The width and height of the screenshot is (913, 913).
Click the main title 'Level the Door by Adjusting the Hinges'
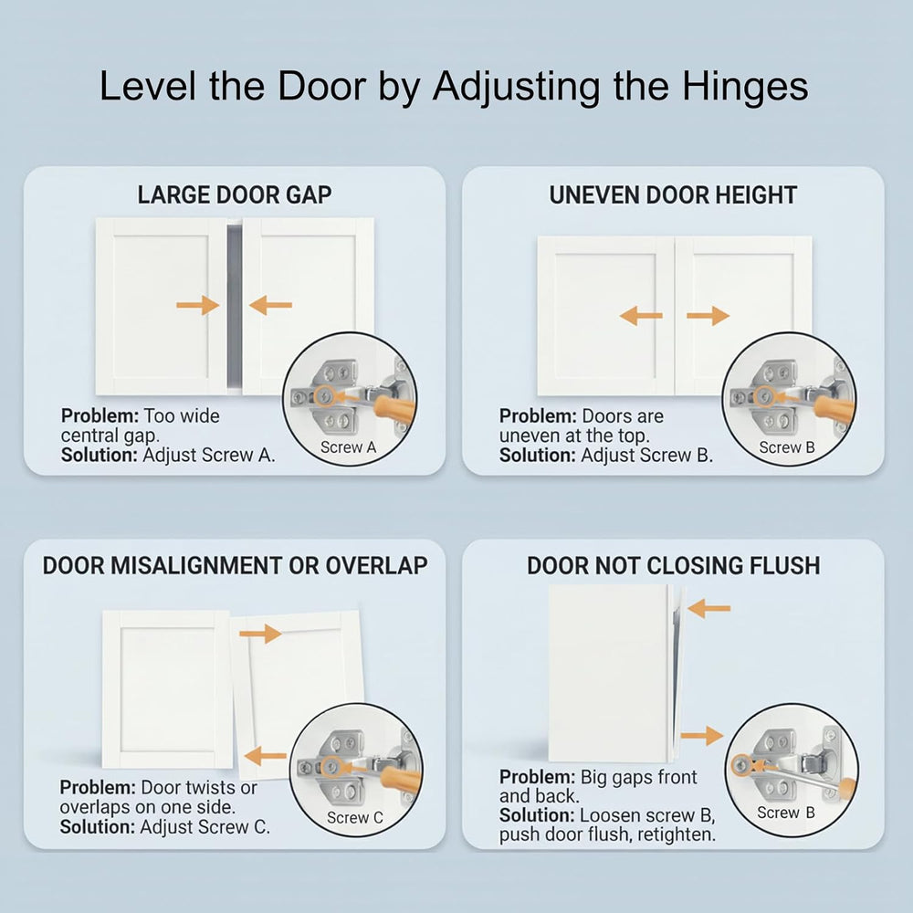pyautogui.click(x=454, y=87)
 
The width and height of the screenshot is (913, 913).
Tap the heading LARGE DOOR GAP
pyautogui.click(x=235, y=195)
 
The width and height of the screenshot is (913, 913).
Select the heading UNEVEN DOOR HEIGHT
pyautogui.click(x=673, y=195)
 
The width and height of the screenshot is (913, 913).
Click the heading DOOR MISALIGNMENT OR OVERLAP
pyautogui.click(x=236, y=565)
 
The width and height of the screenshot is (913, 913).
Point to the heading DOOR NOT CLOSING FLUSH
pyautogui.click(x=674, y=565)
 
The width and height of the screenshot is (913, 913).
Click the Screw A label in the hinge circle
pyautogui.click(x=348, y=447)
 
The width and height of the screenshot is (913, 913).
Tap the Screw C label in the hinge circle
pyautogui.click(x=355, y=817)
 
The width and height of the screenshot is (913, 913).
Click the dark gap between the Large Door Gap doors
pyautogui.click(x=234, y=306)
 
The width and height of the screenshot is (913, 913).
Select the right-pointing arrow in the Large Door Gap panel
pyautogui.click(x=198, y=305)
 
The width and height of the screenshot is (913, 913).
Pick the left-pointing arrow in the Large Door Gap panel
pyautogui.click(x=271, y=305)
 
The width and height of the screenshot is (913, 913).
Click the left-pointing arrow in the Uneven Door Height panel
pyautogui.click(x=641, y=316)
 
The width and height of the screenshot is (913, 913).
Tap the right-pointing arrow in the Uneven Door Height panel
pyautogui.click(x=708, y=316)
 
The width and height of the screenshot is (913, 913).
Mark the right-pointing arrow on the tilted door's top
pyautogui.click(x=260, y=633)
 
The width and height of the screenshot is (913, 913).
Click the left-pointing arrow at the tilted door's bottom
pyautogui.click(x=266, y=756)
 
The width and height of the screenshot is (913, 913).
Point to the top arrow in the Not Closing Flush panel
pyautogui.click(x=709, y=608)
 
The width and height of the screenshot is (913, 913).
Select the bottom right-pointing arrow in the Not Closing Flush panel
pyautogui.click(x=701, y=735)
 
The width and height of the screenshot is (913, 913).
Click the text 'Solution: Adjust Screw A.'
pyautogui.click(x=168, y=455)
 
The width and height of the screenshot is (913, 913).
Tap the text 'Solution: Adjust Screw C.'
pyautogui.click(x=164, y=826)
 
